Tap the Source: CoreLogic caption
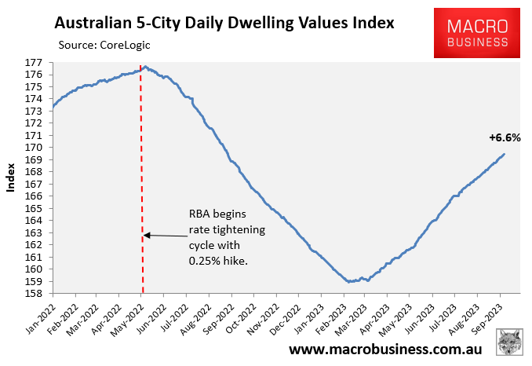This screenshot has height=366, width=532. click(x=103, y=45)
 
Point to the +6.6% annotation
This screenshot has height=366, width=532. click(x=505, y=137)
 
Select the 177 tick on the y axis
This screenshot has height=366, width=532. click(x=35, y=62)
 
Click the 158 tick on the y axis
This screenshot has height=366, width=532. click(x=35, y=294)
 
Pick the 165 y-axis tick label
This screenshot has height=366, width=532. click(x=35, y=208)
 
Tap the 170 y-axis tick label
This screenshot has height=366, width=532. click(x=35, y=148)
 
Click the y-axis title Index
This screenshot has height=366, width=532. click(x=11, y=178)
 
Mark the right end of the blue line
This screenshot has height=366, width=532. click(x=504, y=154)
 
